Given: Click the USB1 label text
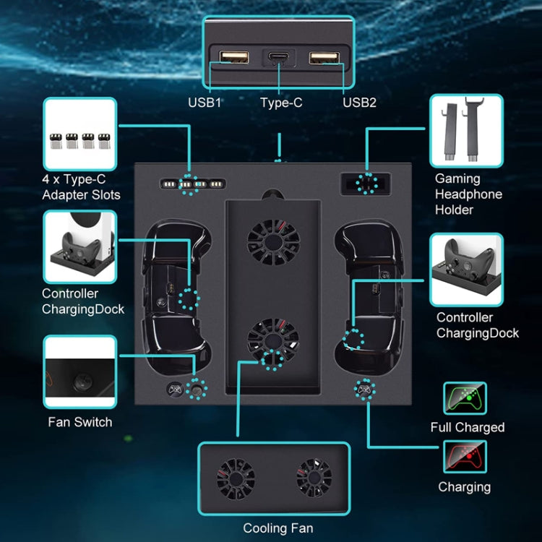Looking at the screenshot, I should pos(205,102).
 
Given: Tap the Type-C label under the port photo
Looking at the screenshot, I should pos(281,103).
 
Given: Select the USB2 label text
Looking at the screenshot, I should pos(359,102).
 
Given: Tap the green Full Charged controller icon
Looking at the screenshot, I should pos(465,398).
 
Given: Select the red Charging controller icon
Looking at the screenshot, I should pos(465,457).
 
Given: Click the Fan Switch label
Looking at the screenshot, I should pos(79,422).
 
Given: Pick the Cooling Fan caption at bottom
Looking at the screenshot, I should pos(278,528).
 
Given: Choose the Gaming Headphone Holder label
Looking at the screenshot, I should pos(468,194).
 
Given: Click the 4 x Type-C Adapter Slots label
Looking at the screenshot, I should pos(82,186).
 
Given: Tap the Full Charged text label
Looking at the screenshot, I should pos(467,427).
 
